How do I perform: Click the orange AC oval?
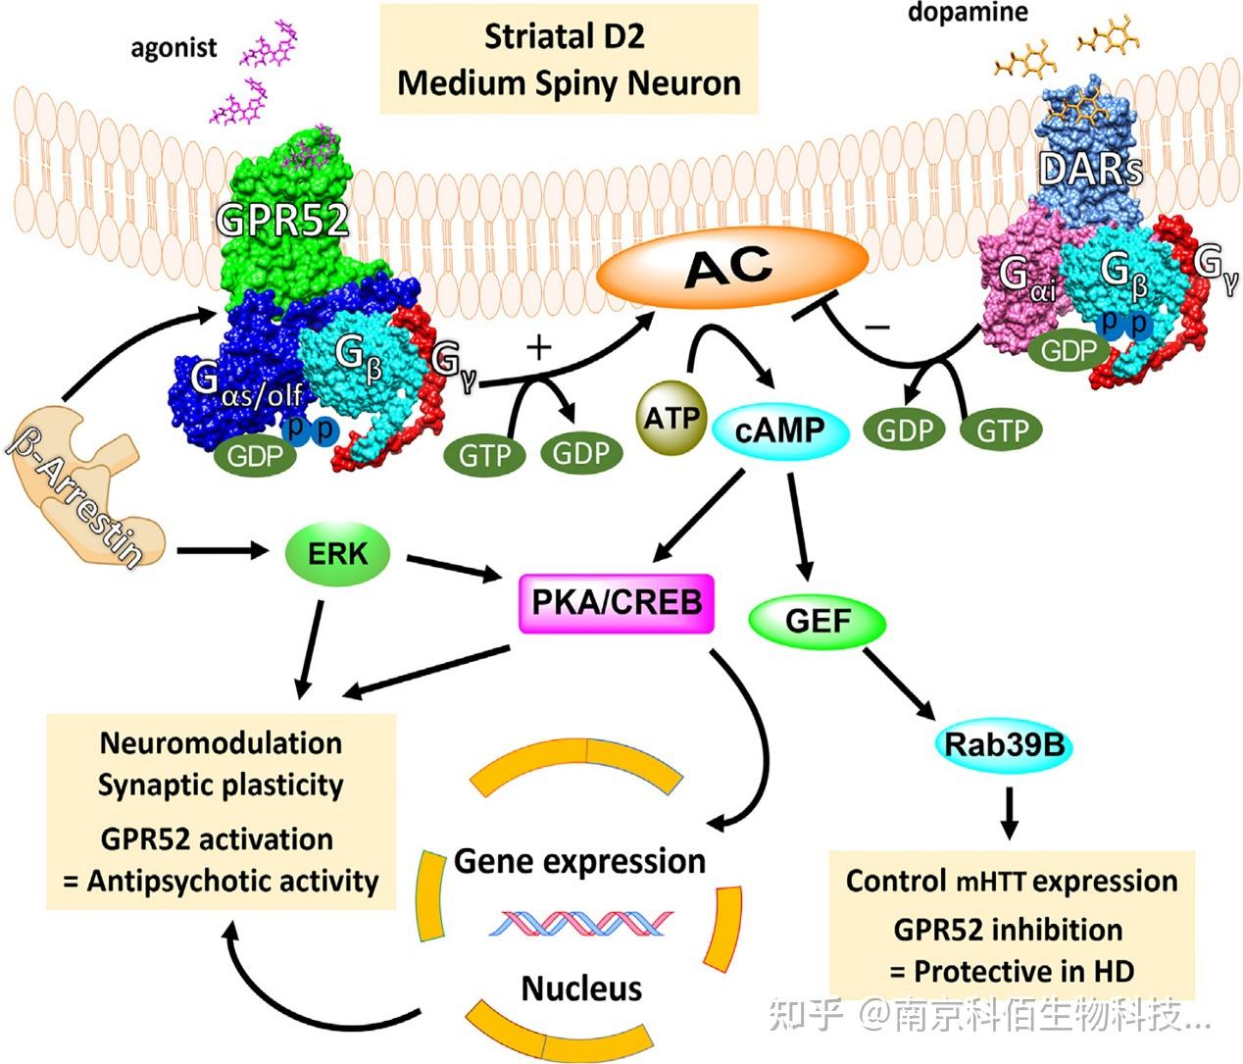732,267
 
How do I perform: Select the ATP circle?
671,420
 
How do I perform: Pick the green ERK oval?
337,554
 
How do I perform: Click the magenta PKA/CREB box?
617,600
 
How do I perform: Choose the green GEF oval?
818,621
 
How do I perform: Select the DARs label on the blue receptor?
1090,170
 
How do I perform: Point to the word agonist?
174,47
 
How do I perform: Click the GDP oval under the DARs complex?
1068,350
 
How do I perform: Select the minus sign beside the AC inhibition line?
877,327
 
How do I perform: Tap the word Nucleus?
581,988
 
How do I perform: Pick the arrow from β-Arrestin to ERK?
223,552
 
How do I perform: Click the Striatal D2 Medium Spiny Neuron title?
569,59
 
